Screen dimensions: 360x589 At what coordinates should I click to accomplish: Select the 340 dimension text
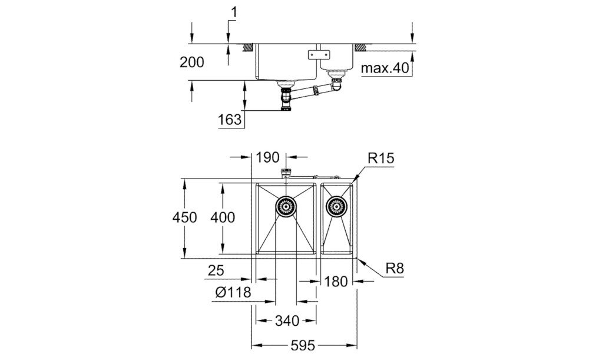coord(287,321)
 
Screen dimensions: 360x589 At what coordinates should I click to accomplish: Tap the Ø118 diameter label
coord(233,292)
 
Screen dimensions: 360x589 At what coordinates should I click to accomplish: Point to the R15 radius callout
coord(380,158)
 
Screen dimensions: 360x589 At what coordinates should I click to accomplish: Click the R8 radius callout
coord(394,269)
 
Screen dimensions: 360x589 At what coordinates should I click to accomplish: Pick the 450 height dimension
coord(184,217)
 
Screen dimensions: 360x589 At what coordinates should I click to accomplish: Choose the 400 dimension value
coord(223,217)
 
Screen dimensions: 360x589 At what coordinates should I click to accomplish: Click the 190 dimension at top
coord(267,157)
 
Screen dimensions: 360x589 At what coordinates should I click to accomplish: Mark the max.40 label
coord(385,69)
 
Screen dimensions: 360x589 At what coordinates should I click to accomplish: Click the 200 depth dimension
coord(193,62)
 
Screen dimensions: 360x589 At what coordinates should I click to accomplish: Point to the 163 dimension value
coord(230,120)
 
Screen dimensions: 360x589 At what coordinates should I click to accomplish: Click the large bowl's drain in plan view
coord(286,207)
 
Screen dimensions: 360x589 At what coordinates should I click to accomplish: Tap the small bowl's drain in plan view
coord(336,207)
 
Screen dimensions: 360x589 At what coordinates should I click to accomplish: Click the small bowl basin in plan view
coord(337,233)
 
